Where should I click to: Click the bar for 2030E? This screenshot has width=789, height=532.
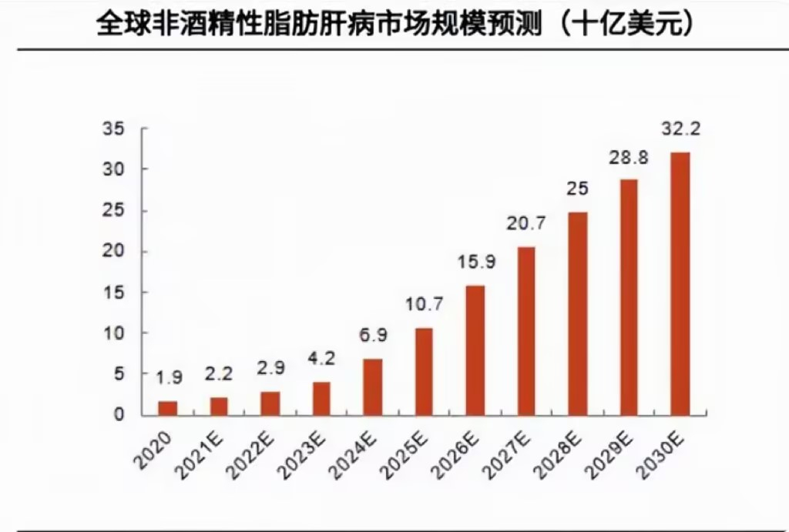(680, 283)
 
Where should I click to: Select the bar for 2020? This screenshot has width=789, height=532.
(168, 408)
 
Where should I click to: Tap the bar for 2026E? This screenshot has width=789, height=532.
(475, 350)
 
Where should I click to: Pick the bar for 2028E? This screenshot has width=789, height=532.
(578, 313)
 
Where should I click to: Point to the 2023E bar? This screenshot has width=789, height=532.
(321, 398)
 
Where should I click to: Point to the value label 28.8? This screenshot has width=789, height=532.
(629, 158)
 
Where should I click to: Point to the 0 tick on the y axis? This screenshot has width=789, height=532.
(119, 415)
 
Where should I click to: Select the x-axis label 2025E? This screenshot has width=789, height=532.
(410, 450)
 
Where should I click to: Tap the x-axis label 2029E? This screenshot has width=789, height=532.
(615, 450)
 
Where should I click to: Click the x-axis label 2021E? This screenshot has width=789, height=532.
(206, 450)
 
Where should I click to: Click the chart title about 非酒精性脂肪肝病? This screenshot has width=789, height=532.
(394, 24)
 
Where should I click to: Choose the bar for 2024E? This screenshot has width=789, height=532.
(373, 386)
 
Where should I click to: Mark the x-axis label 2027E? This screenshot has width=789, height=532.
(512, 450)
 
